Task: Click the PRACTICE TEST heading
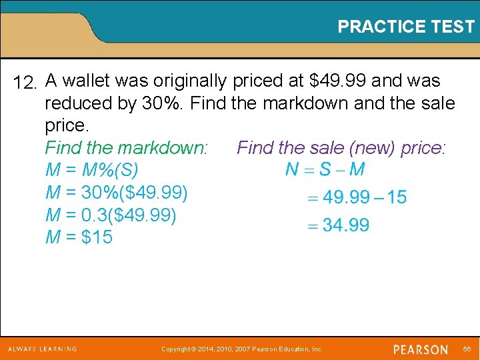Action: point(405,27)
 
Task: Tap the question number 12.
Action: point(27,83)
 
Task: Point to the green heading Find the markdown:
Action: point(127,147)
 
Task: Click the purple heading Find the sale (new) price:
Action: point(341,147)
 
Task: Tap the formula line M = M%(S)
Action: point(92,170)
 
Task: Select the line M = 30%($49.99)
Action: point(117,193)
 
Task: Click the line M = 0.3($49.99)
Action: point(111,215)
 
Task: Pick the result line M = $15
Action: point(79,237)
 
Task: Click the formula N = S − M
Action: point(325,169)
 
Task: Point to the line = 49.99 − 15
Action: point(357,197)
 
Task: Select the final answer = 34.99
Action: point(338,225)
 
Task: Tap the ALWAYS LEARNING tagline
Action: point(42,349)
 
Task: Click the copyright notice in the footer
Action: point(242,349)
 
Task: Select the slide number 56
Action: point(467,349)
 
